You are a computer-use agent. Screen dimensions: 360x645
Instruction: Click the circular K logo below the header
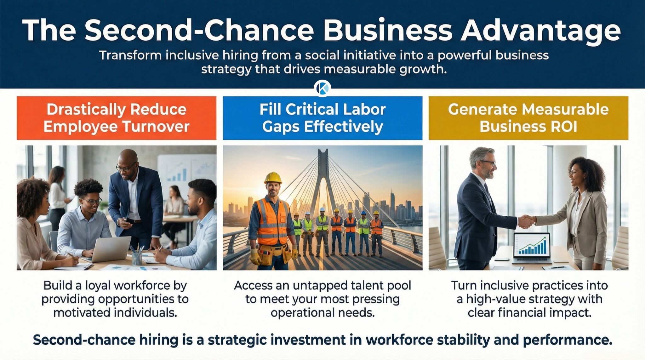[x=322, y=88]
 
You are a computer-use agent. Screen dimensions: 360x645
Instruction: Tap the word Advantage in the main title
[x=540, y=30]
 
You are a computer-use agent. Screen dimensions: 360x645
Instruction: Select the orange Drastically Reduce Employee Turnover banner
[x=117, y=118]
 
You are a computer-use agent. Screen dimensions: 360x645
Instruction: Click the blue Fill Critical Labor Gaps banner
[x=322, y=118]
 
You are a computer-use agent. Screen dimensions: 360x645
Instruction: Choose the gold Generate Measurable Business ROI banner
[x=528, y=118]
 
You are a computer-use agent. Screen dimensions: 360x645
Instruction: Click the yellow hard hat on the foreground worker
[x=273, y=177]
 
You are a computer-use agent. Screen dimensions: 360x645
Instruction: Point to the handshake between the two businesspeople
[x=526, y=221]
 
